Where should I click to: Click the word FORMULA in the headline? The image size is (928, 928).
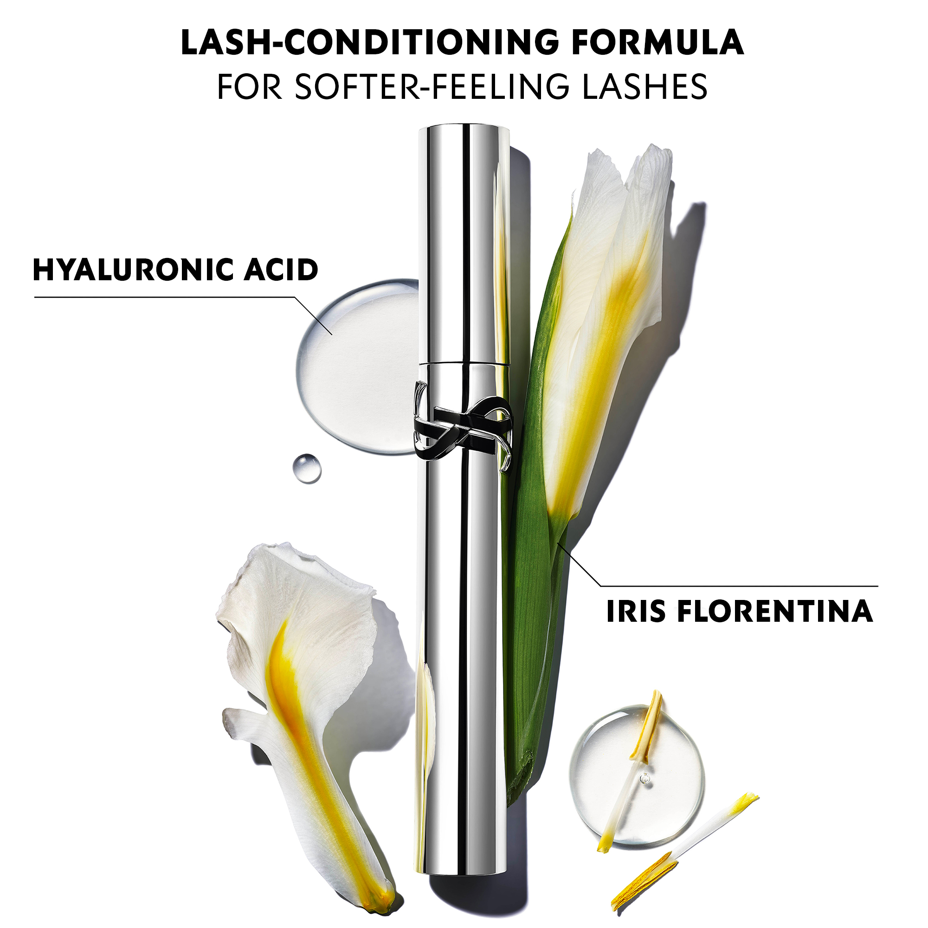pyautogui.click(x=657, y=42)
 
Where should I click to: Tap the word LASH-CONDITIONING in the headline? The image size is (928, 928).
pyautogui.click(x=370, y=42)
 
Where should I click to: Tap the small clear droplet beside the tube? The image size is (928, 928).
pyautogui.click(x=307, y=468)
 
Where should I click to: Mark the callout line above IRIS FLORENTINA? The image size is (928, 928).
pyautogui.click(x=740, y=586)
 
